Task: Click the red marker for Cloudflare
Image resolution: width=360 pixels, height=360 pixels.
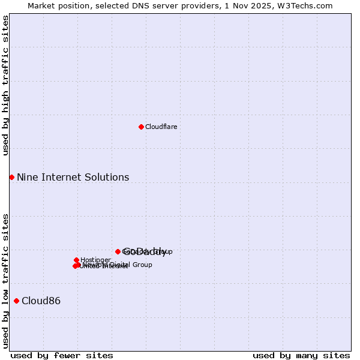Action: click(141, 127)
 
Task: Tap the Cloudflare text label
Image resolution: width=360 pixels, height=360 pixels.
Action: click(161, 127)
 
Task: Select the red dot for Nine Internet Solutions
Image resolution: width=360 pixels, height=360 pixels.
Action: click(11, 177)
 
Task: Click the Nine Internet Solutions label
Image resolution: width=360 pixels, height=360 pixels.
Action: click(73, 177)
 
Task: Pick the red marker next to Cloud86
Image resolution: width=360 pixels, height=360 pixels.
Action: click(16, 301)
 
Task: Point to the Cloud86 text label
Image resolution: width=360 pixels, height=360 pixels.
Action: click(41, 301)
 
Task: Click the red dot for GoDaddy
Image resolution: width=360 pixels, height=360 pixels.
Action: click(118, 251)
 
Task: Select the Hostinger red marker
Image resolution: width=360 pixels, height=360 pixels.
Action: click(76, 260)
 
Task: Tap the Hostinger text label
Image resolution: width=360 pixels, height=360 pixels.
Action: click(95, 260)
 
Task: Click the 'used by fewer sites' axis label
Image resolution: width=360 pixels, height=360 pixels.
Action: click(62, 355)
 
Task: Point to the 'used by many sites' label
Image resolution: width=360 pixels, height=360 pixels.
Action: click(301, 355)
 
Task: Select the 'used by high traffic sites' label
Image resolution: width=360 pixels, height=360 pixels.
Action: click(6, 86)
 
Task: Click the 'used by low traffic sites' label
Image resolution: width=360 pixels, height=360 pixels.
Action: click(6, 280)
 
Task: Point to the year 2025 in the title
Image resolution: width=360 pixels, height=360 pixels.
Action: click(266, 5)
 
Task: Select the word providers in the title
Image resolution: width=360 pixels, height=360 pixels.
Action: click(196, 5)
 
